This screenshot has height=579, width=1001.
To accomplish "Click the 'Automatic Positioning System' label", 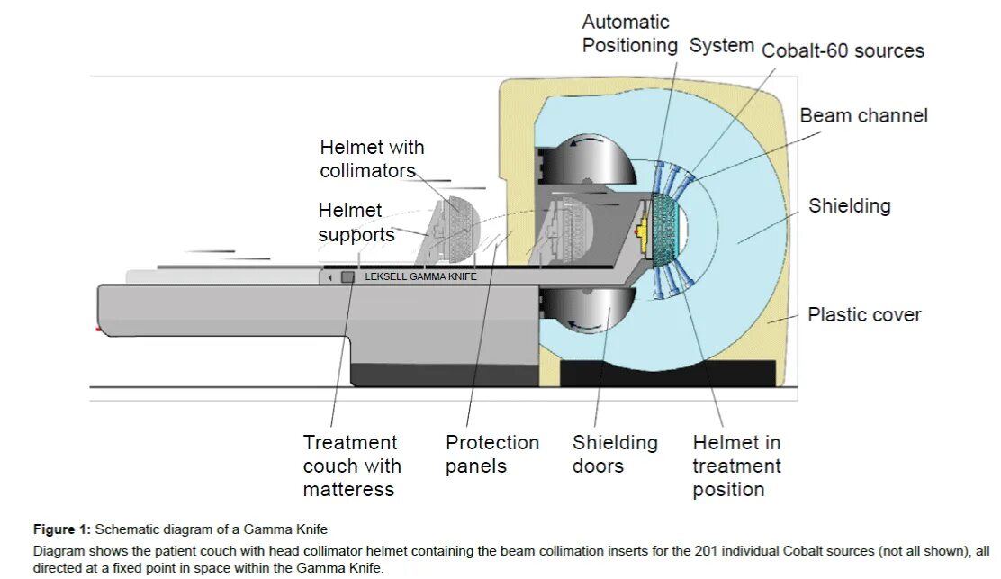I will click(x=667, y=33).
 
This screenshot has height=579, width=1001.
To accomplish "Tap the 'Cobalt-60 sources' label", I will click(x=843, y=50).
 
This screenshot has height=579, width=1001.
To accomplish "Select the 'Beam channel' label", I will click(x=863, y=115).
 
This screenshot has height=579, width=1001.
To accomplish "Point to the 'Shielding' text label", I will click(x=849, y=205).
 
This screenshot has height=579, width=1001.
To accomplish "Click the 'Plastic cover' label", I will click(x=864, y=314).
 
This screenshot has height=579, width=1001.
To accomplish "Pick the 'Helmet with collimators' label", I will click(x=372, y=158).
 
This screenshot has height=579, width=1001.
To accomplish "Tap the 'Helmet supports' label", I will click(x=356, y=222).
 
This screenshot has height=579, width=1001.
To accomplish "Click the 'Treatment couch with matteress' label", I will click(x=351, y=466).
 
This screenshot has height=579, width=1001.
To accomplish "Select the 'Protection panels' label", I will click(x=491, y=454).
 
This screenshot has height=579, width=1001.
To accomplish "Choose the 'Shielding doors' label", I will click(x=615, y=454).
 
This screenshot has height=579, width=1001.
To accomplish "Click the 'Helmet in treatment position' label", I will click(x=736, y=466).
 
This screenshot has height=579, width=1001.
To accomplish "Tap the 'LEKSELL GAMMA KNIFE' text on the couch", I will click(x=420, y=277).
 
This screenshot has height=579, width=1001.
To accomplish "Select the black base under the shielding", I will click(x=667, y=373).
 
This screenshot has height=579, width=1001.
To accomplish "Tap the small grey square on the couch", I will click(x=347, y=277).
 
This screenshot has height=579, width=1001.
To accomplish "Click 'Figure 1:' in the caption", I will click(x=62, y=529).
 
